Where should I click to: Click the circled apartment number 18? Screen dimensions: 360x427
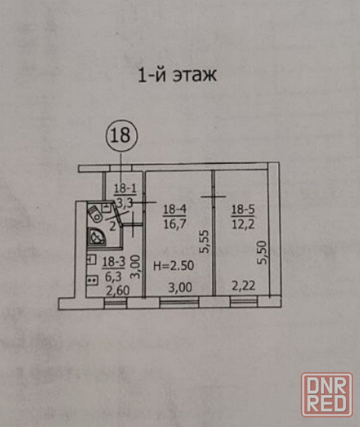pyautogui.click(x=122, y=136)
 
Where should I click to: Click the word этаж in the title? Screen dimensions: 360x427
pyautogui.click(x=195, y=75)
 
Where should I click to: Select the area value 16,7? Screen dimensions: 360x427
pyautogui.click(x=175, y=224)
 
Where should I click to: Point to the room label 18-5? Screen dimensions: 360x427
pyautogui.click(x=243, y=210)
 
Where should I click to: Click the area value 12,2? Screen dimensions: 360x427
pyautogui.click(x=243, y=224)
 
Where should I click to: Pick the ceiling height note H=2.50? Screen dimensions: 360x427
pyautogui.click(x=174, y=266)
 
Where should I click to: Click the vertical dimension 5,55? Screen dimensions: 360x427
pyautogui.click(x=204, y=242)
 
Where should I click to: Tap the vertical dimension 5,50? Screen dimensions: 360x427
pyautogui.click(x=263, y=252)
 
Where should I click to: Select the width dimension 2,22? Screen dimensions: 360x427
pyautogui.click(x=243, y=286)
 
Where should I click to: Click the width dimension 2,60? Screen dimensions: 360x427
pyautogui.click(x=118, y=291)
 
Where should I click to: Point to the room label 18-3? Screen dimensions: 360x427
pyautogui.click(x=113, y=263)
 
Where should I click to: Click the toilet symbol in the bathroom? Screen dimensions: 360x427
pyautogui.click(x=95, y=213)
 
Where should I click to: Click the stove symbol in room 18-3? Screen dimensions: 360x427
pyautogui.click(x=92, y=280)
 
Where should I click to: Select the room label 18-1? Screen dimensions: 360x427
pyautogui.click(x=125, y=189)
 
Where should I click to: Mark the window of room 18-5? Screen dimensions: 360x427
pyautogui.click(x=244, y=301)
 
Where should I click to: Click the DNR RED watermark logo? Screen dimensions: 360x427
pyautogui.click(x=327, y=395)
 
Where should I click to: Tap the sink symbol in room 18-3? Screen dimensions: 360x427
pyautogui.click(x=92, y=259)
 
